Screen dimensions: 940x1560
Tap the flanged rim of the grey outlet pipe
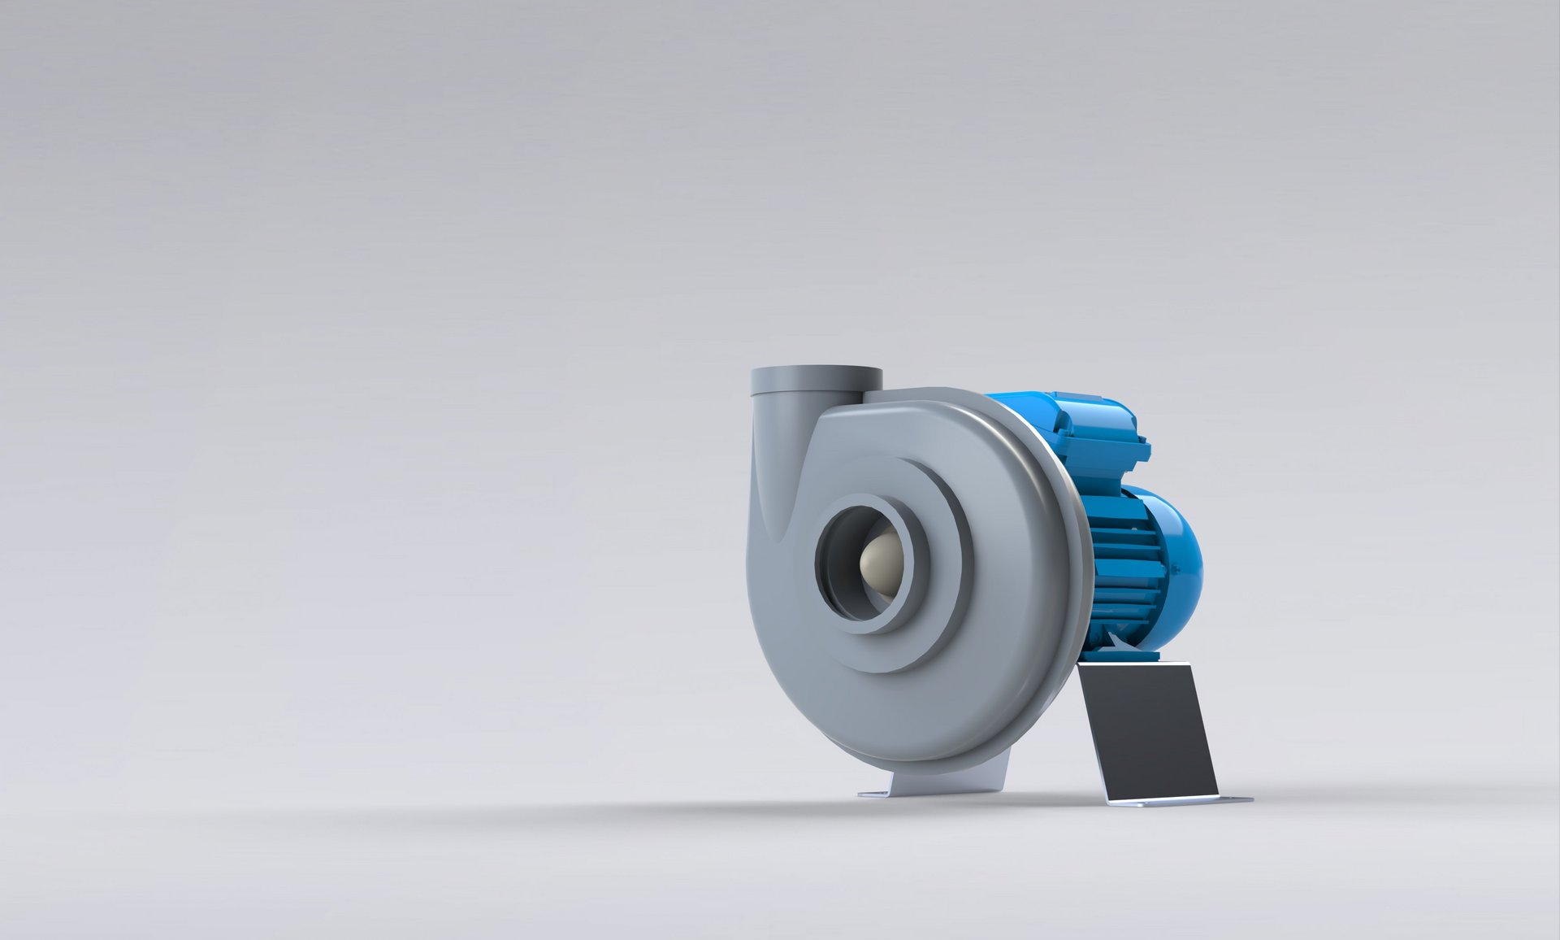point(816,380)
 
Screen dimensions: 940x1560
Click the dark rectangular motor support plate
point(1146,732)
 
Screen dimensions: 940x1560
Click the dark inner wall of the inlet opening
point(837,569)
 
